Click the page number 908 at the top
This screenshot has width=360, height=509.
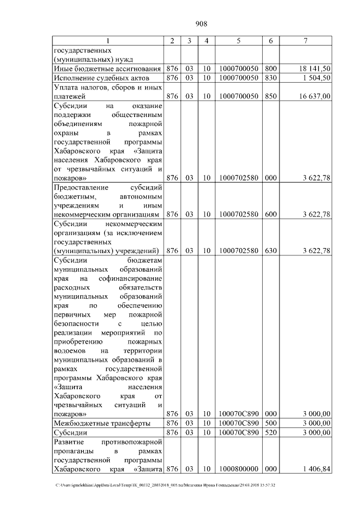[201, 24]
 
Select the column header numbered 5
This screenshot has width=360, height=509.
[238, 40]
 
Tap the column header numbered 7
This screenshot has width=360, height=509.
[305, 40]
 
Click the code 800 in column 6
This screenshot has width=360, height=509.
[271, 68]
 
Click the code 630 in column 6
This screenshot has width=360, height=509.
[271, 250]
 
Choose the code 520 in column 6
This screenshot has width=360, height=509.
[271, 433]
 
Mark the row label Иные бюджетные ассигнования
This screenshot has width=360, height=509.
[103, 68]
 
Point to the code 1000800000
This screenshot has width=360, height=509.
[238, 469]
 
